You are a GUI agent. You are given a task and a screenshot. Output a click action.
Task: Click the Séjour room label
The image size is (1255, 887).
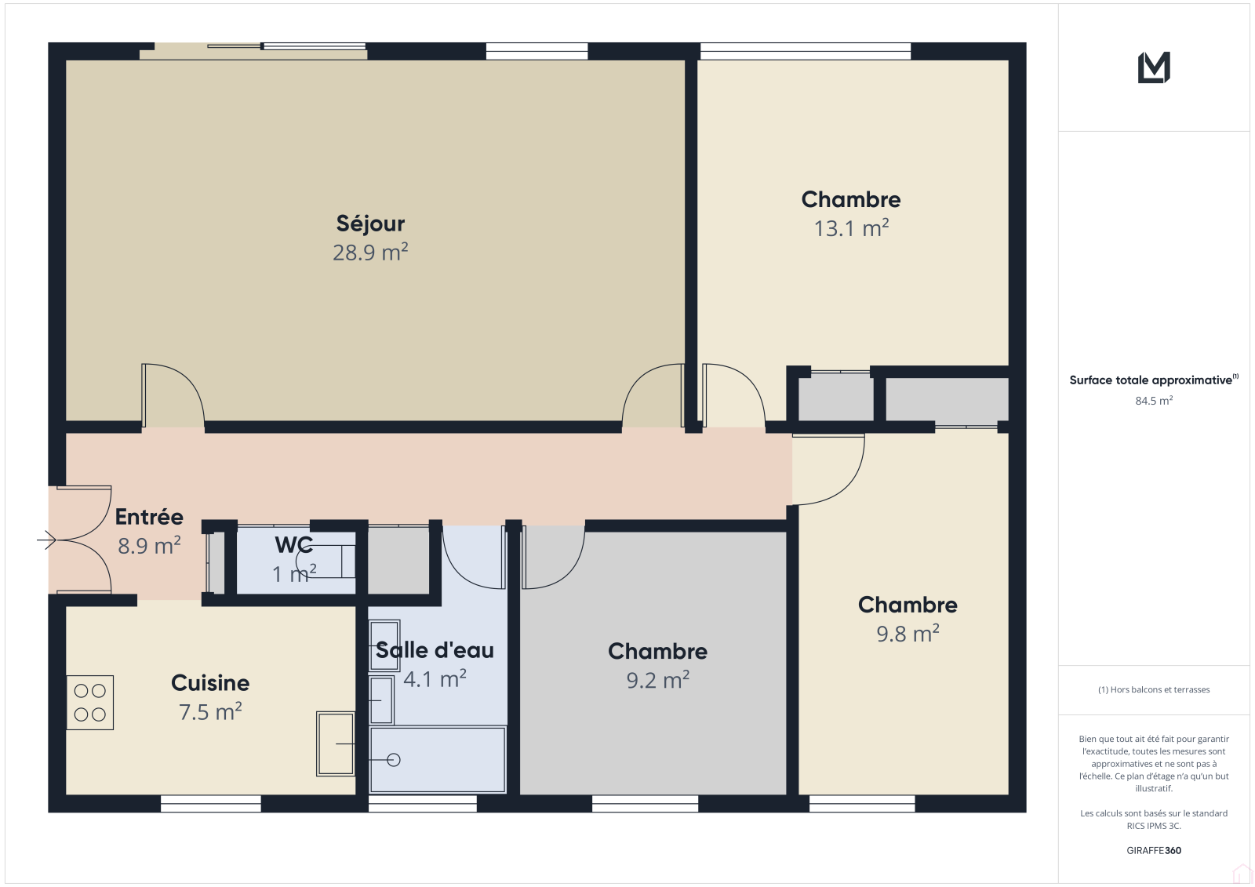pyautogui.click(x=370, y=224)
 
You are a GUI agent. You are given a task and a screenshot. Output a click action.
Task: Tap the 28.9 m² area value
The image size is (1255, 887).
pyautogui.click(x=370, y=253)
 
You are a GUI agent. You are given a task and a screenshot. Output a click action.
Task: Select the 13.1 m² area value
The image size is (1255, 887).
pyautogui.click(x=851, y=228)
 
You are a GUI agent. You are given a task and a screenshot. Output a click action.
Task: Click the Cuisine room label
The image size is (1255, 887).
pyautogui.click(x=210, y=683)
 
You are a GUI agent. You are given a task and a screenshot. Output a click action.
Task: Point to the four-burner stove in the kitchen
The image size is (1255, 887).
pyautogui.click(x=89, y=702)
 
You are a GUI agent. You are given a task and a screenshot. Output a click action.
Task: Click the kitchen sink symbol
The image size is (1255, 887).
pyautogui.click(x=336, y=743)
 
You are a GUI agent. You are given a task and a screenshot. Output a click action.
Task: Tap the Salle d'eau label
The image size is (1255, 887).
pyautogui.click(x=435, y=650)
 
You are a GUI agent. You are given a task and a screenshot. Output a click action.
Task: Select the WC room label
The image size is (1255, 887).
pyautogui.click(x=293, y=544)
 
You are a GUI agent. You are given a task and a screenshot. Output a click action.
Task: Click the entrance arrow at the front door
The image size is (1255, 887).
pyautogui.click(x=46, y=540)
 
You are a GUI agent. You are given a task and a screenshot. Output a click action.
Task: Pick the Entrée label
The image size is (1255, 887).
pyautogui.click(x=149, y=517)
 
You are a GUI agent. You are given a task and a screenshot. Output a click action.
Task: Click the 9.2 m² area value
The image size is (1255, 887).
pyautogui.click(x=658, y=680)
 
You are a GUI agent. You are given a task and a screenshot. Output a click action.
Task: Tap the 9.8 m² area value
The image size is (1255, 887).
pyautogui.click(x=908, y=634)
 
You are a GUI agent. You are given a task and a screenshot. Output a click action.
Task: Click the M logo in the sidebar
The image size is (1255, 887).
pyautogui.click(x=1154, y=67)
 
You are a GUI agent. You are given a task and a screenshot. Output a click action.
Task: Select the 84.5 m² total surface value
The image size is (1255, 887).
pyautogui.click(x=1154, y=401)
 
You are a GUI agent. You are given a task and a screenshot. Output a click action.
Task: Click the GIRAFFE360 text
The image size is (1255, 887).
pyautogui.click(x=1154, y=850)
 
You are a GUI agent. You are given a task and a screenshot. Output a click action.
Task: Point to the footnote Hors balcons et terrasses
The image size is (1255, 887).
pyautogui.click(x=1154, y=689)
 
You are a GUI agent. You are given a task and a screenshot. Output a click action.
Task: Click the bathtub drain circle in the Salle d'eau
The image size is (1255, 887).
pyautogui.click(x=394, y=760)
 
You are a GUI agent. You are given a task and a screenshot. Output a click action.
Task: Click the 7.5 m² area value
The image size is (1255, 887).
pyautogui.click(x=210, y=711)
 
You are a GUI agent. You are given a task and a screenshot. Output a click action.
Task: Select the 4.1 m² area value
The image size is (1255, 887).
pyautogui.click(x=435, y=679)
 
